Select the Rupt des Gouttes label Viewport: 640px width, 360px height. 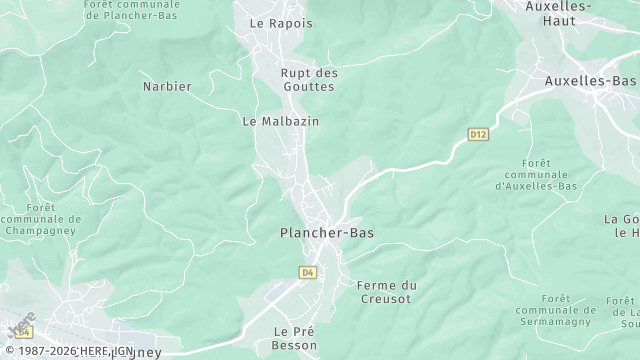coord(308,80)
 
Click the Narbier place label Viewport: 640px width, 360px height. coord(166,86)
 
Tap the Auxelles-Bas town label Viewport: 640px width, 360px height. coord(590,80)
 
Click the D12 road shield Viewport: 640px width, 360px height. coord(478,133)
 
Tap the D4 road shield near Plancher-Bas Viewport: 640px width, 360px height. coord(307,271)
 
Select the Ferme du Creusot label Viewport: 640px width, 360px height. coord(386,292)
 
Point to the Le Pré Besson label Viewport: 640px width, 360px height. coord(295,338)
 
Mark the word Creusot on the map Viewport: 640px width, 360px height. coord(386,299)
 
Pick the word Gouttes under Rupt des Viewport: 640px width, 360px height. coord(308,87)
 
